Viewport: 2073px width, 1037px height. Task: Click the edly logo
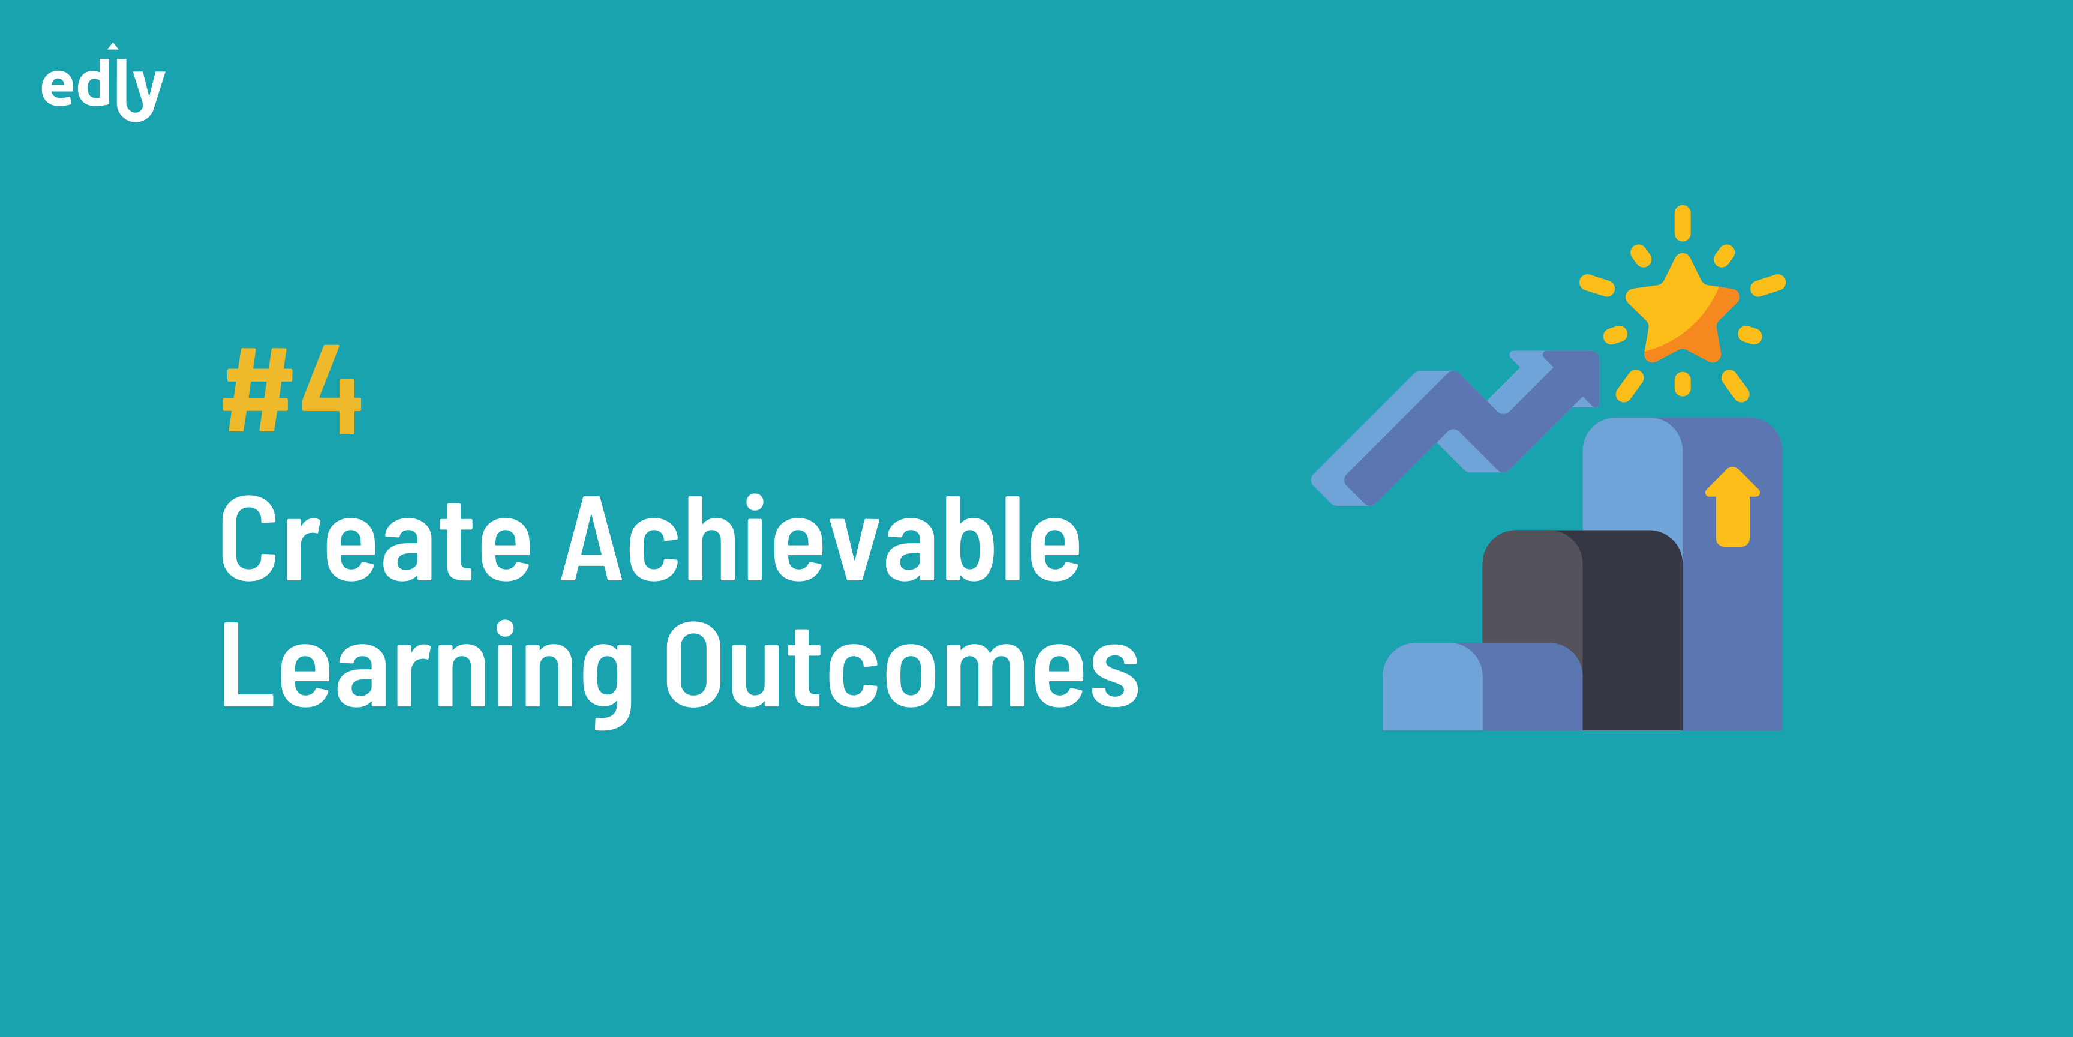click(103, 83)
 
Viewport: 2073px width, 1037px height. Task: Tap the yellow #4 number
click(292, 389)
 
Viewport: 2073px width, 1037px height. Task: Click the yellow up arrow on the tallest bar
click(1732, 507)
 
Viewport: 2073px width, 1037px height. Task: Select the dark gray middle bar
click(1582, 630)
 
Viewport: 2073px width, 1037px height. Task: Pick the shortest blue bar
click(1482, 686)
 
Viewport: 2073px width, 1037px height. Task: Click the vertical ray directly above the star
click(1682, 223)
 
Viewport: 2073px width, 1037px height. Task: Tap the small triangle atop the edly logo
click(113, 46)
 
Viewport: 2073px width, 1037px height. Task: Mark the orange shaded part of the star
click(1698, 330)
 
